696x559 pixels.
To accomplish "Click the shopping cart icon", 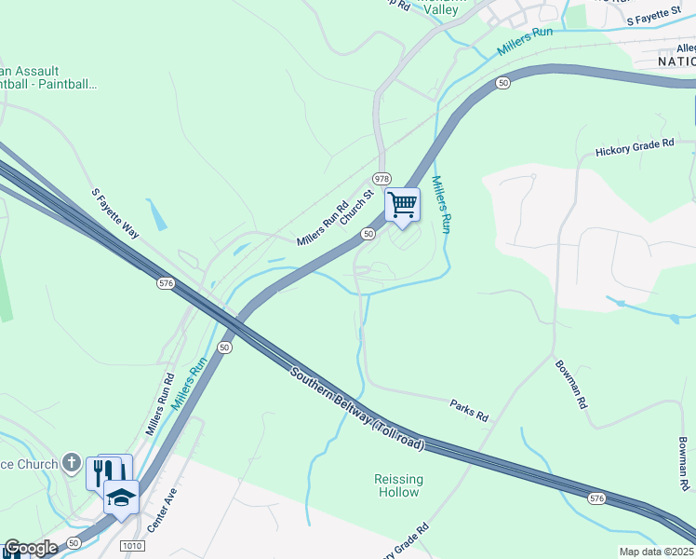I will point(402,205).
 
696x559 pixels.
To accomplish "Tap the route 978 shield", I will point(381,178).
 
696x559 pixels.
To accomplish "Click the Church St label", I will point(356,207).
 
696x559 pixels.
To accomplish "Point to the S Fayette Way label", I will point(114,213).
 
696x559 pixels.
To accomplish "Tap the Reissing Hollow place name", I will point(398,485).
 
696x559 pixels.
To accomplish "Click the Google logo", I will point(31,548).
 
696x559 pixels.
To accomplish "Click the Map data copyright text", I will point(656,552).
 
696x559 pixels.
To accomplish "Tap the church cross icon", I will point(72,463).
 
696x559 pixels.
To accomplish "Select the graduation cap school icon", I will point(121,497).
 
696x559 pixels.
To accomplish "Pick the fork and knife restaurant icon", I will point(103,470).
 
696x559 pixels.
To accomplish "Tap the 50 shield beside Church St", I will point(369,234).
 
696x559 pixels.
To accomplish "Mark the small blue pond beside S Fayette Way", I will point(157,215).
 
